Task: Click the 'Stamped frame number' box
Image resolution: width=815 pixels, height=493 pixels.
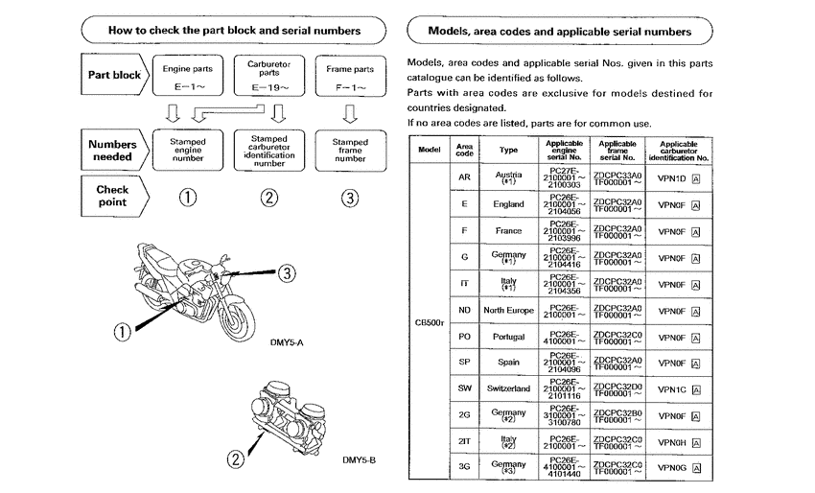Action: point(349,151)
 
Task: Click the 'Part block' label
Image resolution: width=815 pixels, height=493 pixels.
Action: point(114,75)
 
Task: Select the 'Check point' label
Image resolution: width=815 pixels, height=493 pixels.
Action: point(113,197)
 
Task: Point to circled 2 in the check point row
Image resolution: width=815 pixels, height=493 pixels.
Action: point(269,198)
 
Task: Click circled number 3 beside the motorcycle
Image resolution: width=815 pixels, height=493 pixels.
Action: point(287,273)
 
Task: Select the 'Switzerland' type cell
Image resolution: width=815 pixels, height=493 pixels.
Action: point(507,388)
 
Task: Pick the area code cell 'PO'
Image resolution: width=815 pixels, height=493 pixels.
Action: point(464,338)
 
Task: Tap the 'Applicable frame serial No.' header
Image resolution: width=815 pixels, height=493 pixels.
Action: point(617,150)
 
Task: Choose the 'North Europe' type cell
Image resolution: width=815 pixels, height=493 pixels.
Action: point(507,311)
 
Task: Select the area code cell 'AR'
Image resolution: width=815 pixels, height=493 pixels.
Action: point(464,178)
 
